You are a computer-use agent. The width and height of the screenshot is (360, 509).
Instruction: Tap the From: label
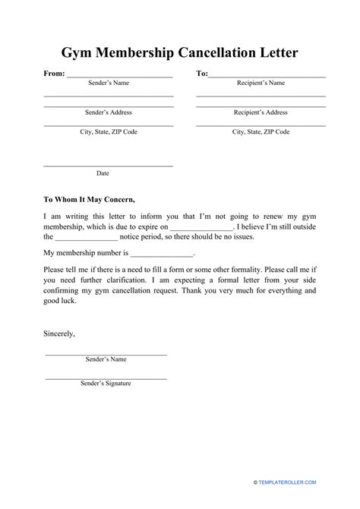pos(54,74)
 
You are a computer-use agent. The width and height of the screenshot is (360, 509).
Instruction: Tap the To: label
pos(202,74)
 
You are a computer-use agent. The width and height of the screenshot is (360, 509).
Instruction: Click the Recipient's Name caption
pos(260,83)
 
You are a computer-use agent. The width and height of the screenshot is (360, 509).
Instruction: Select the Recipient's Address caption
pos(260,112)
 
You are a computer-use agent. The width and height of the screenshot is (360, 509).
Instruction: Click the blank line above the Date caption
pos(108,165)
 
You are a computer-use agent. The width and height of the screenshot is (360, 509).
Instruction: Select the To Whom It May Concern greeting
pos(89,200)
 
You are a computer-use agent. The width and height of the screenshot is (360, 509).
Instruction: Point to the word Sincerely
pos(59,333)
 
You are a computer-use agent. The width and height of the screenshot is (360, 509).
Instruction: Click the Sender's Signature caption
pos(106,383)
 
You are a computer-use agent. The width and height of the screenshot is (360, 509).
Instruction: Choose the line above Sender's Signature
pos(106,378)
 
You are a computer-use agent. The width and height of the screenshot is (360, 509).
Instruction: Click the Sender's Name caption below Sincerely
pos(106,359)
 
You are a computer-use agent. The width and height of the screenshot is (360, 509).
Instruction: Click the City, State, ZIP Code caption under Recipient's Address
pos(260,131)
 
